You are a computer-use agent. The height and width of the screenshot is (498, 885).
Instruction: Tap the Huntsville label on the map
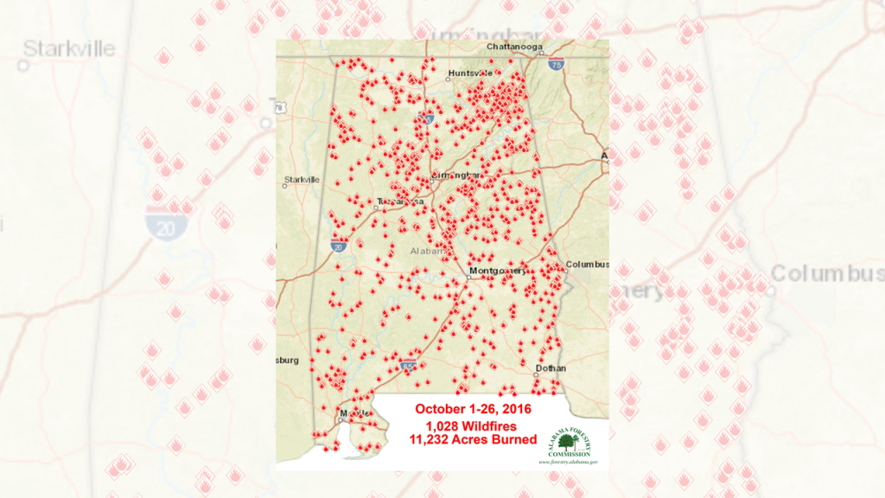[468, 73]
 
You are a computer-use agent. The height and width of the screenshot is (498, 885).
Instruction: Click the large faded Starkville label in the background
[70, 48]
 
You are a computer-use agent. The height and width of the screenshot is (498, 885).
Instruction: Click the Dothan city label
[550, 367]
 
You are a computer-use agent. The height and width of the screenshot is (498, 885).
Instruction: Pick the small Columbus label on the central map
[588, 264]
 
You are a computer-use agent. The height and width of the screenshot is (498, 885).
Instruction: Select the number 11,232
[434, 440]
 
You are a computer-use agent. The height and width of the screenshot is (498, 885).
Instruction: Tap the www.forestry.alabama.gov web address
[569, 462]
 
